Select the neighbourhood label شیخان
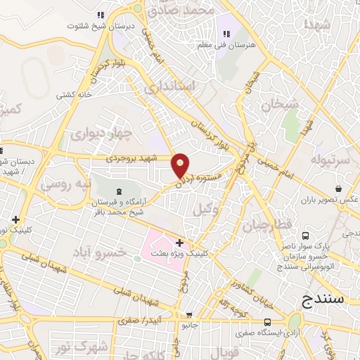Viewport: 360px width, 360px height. coord(280,105)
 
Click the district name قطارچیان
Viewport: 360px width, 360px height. coord(262,226)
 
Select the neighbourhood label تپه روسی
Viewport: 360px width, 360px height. coord(65,184)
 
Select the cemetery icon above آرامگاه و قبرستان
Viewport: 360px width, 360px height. coord(117,191)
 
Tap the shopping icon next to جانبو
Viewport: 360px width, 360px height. coord(188,314)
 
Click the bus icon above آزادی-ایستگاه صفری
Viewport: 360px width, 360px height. coord(266,322)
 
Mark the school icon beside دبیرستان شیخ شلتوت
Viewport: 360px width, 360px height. coord(101,15)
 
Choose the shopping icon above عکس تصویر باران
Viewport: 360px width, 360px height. coord(339,188)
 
